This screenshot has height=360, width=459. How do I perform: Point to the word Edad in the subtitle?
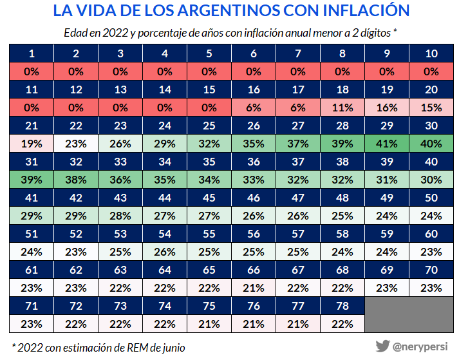77,33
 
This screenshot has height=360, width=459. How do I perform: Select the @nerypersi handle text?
422,346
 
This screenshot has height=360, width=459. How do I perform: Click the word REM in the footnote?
136,348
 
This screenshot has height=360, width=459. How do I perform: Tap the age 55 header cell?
208,234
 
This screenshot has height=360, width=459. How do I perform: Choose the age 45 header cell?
208,198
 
